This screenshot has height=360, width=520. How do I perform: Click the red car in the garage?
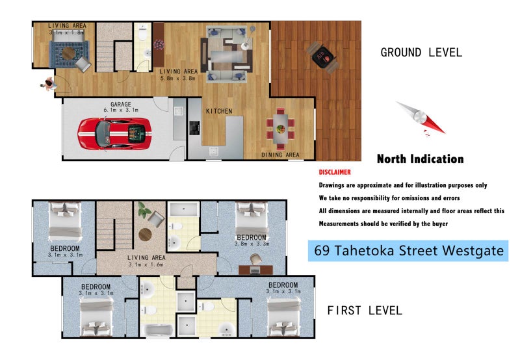pyautogui.click(x=114, y=133)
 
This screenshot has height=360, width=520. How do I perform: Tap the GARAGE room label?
pyautogui.click(x=121, y=104)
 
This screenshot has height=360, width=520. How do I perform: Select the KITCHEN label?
pyautogui.click(x=219, y=111)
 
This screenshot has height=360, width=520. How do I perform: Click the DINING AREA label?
pyautogui.click(x=280, y=155)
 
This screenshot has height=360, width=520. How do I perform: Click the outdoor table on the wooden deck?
pyautogui.click(x=322, y=56)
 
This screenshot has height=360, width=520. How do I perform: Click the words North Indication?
pyautogui.click(x=420, y=159)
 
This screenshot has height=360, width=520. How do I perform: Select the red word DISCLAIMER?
pyautogui.click(x=335, y=172)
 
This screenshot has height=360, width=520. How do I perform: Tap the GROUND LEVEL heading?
pyautogui.click(x=421, y=53)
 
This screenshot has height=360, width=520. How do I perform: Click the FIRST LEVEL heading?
pyautogui.click(x=365, y=311)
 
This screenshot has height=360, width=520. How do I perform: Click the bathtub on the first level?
pyautogui.click(x=158, y=330)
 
